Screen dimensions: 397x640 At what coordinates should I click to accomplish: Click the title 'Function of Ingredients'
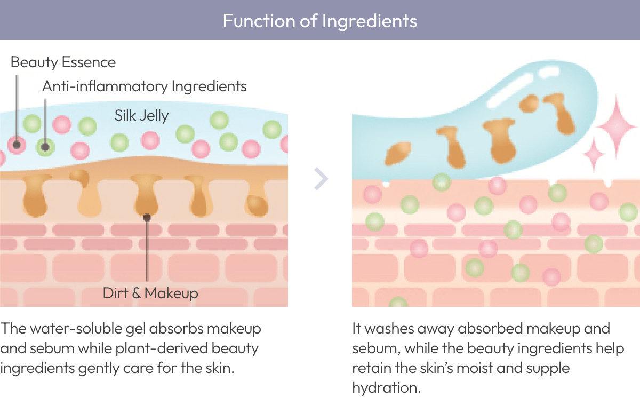[319, 20]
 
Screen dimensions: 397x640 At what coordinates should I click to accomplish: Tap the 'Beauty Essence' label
[63, 62]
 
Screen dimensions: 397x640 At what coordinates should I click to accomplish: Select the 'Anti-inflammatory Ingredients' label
[144, 86]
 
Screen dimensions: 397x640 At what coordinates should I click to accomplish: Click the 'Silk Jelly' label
[141, 115]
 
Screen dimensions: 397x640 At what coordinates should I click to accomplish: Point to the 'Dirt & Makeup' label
[150, 293]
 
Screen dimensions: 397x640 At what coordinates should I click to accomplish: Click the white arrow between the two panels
[321, 179]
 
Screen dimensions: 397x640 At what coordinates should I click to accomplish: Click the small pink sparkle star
[594, 155]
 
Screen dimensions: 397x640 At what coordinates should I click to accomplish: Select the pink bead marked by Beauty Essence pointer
[17, 144]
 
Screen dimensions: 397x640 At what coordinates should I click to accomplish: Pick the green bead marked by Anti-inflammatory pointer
[45, 146]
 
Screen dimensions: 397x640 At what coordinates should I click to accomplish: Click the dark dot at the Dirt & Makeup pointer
[147, 218]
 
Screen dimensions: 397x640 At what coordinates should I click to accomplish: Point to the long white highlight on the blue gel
[509, 97]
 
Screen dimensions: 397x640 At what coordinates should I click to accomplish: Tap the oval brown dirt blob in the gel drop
[398, 153]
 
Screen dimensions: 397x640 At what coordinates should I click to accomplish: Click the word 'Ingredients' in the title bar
[370, 20]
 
